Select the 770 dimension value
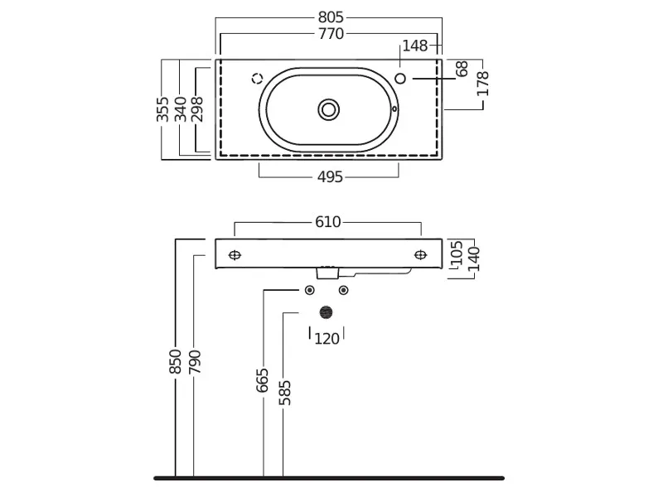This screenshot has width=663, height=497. pos(330,34)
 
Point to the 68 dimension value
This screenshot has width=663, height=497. pos(462,70)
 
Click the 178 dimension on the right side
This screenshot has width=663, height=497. pos(484,84)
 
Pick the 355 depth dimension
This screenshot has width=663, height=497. pos(163,109)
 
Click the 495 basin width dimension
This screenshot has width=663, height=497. pos(330,176)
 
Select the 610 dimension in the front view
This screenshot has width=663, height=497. pos(328,223)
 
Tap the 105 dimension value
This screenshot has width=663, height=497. pos(456,253)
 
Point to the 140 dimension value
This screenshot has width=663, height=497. pos(473,258)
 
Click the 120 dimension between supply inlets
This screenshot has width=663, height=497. pos(327,338)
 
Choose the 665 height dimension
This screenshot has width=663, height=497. pos(264,382)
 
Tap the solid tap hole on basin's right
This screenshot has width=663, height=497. pos(401,79)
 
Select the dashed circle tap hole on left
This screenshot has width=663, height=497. pos(257,79)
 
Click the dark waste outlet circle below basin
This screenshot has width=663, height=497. pos(327,312)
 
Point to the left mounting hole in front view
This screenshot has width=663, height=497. pos(235,254)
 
